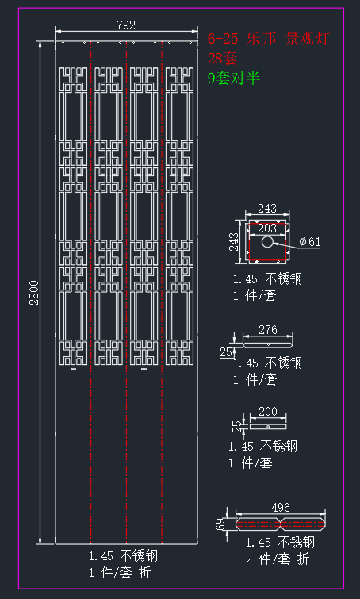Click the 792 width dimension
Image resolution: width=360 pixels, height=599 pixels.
click(x=126, y=25)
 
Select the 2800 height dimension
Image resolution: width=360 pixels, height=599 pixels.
click(x=34, y=293)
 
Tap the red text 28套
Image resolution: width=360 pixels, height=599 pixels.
click(x=222, y=59)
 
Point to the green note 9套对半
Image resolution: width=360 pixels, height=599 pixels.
click(x=234, y=78)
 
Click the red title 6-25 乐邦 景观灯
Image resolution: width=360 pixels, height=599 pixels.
click(x=268, y=39)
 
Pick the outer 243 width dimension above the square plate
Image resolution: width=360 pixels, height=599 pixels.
click(x=267, y=209)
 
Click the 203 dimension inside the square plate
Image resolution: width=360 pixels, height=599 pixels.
click(x=267, y=228)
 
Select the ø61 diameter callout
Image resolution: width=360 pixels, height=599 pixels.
click(x=310, y=242)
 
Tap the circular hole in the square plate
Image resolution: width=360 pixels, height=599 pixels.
click(x=267, y=241)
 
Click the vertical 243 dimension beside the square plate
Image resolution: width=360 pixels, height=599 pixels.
click(x=234, y=241)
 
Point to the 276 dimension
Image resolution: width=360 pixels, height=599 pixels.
click(x=267, y=330)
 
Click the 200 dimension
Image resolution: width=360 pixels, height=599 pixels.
click(x=267, y=412)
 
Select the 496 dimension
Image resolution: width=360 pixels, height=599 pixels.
click(x=281, y=508)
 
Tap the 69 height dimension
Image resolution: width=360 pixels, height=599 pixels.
click(x=220, y=524)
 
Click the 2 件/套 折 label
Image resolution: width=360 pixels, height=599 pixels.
click(x=278, y=559)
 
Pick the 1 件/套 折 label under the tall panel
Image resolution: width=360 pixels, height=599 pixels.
click(x=120, y=573)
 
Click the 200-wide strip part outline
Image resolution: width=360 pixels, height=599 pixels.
click(x=268, y=426)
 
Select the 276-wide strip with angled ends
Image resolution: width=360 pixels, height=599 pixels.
click(x=268, y=344)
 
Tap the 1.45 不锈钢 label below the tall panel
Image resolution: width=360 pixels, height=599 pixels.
click(x=123, y=556)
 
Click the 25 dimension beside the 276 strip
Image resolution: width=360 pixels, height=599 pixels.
click(x=226, y=351)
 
